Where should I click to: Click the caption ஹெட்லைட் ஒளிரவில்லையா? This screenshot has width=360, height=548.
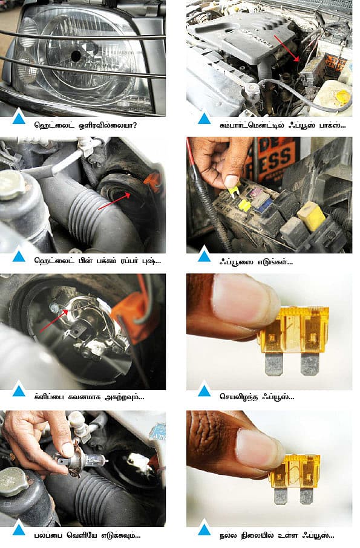pyautogui.click(x=86, y=125)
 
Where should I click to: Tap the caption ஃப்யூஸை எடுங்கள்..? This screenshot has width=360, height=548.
pyautogui.click(x=256, y=261)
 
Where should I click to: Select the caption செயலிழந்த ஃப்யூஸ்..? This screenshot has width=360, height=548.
pyautogui.click(x=257, y=397)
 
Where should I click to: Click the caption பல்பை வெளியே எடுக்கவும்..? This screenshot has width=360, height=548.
pyautogui.click(x=87, y=535)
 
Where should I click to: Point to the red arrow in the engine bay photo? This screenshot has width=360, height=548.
pyautogui.click(x=287, y=48)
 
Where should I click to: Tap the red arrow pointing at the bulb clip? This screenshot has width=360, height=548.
pyautogui.click(x=53, y=321)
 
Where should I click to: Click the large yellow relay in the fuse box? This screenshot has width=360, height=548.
pyautogui.click(x=311, y=216)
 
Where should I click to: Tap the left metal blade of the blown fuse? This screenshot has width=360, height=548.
pyautogui.click(x=273, y=364)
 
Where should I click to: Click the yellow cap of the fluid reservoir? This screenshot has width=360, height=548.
pyautogui.click(x=342, y=96)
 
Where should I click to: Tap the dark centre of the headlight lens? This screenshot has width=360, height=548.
pyautogui.click(x=76, y=56)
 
